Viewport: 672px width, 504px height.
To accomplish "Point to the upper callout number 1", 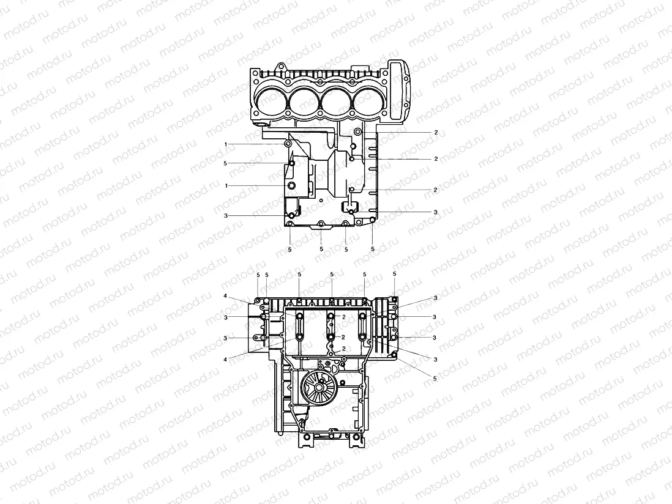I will click(x=226, y=144).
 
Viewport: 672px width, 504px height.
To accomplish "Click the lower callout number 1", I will click(x=226, y=185).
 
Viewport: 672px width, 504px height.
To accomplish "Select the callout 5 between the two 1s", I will click(x=226, y=164).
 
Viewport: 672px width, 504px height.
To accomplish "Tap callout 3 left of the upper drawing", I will click(x=226, y=216).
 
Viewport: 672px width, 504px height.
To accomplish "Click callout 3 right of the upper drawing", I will click(x=435, y=212).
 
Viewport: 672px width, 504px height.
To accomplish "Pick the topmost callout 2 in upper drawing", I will click(x=435, y=132).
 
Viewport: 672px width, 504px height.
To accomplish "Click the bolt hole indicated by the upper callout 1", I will click(x=288, y=144).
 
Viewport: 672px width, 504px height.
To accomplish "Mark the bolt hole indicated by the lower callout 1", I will click(x=291, y=185).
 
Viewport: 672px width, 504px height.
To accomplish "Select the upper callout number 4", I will click(x=226, y=297).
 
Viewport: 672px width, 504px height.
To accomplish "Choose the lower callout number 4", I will click(x=226, y=359).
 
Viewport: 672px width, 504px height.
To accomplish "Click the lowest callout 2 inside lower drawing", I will click(x=345, y=348).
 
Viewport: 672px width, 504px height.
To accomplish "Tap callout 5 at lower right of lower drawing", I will click(x=435, y=379).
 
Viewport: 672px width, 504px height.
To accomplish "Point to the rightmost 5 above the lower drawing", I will click(x=394, y=275).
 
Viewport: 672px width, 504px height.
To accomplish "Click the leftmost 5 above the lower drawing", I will click(x=258, y=275).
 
